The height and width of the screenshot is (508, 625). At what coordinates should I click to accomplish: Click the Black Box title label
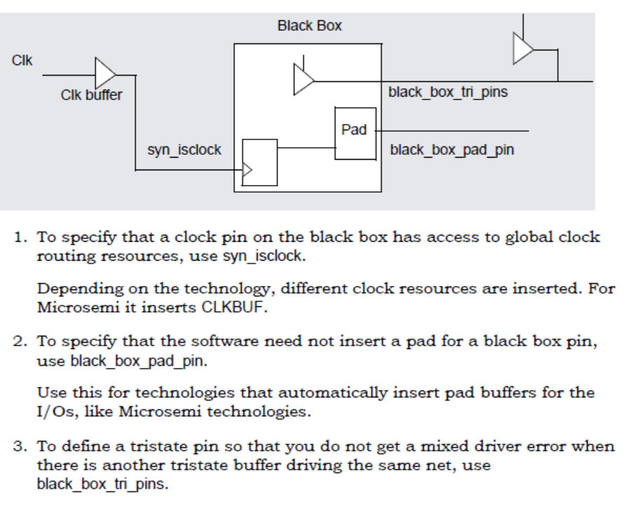pyautogui.click(x=309, y=27)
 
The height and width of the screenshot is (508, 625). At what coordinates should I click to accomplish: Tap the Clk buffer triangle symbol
pyautogui.click(x=105, y=72)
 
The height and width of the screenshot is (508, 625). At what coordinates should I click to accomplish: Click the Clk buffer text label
pyautogui.click(x=91, y=95)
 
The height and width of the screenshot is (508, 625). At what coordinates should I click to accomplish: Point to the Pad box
pyautogui.click(x=355, y=132)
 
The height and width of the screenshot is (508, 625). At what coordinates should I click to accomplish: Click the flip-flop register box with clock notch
pyautogui.click(x=259, y=162)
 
